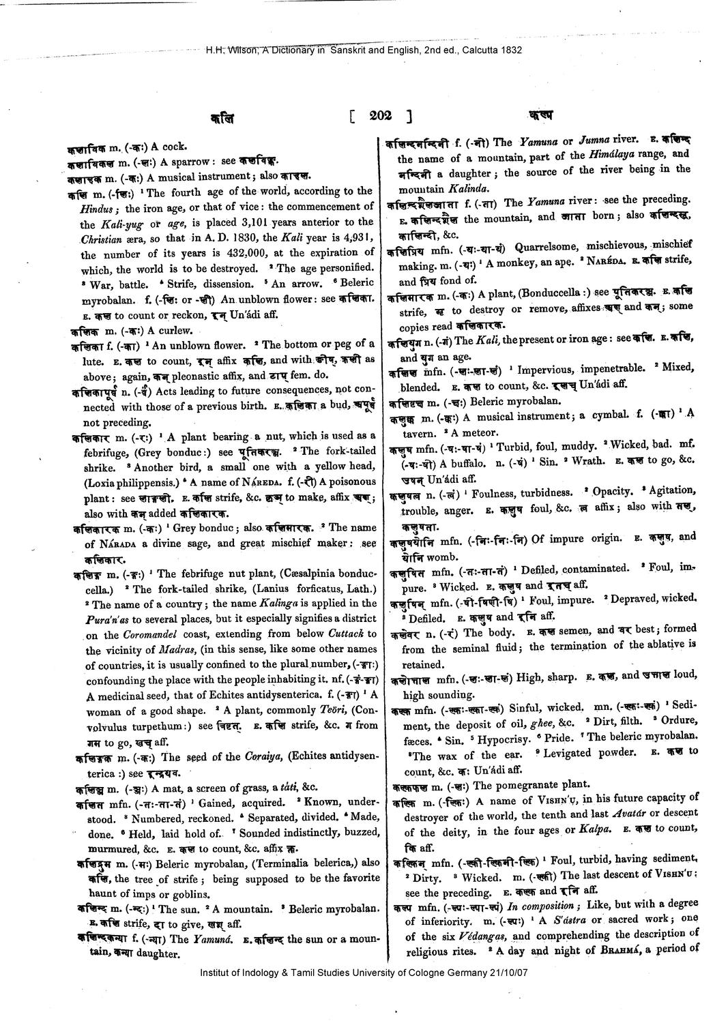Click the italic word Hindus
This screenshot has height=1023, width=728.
pyautogui.click(x=98, y=207)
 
